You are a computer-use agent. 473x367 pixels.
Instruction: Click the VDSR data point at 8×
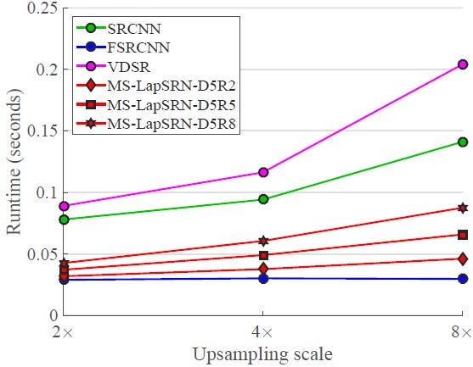click(463, 64)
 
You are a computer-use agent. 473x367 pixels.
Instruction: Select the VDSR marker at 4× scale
click(263, 172)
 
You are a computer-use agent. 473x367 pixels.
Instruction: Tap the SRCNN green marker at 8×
click(463, 142)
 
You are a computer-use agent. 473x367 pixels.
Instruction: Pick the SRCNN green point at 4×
click(263, 199)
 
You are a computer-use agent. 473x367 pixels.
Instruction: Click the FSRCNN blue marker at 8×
click(463, 279)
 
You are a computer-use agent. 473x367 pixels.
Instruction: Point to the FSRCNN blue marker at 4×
click(263, 279)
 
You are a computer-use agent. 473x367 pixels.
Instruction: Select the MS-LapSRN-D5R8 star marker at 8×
click(463, 208)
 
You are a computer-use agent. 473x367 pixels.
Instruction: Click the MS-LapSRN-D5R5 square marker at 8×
click(463, 235)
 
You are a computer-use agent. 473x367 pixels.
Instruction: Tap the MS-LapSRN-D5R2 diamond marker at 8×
click(463, 259)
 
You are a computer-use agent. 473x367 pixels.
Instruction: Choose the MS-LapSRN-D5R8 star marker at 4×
click(263, 241)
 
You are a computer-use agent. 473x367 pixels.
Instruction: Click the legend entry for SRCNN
click(134, 29)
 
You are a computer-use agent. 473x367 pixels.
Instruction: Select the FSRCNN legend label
click(138, 47)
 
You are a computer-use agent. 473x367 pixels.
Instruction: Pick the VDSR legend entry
click(129, 67)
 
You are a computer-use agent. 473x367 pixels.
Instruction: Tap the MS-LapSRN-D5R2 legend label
click(172, 86)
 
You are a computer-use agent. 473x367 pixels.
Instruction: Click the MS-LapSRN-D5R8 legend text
click(172, 124)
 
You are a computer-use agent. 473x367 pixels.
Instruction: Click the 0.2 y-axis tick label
click(47, 70)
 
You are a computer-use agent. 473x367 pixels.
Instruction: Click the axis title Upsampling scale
click(262, 354)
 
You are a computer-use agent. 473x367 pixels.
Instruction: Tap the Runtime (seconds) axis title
click(14, 162)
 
